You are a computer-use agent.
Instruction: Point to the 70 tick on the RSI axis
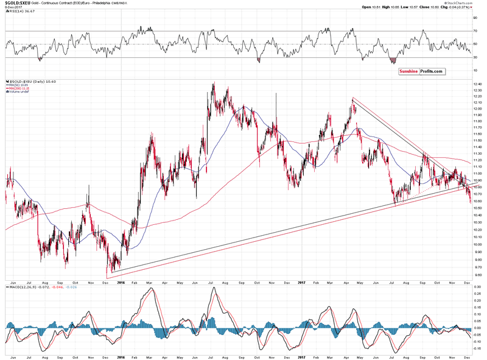[474, 30]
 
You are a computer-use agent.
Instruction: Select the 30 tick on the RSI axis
[474, 57]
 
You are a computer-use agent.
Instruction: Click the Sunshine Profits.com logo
[421, 71]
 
